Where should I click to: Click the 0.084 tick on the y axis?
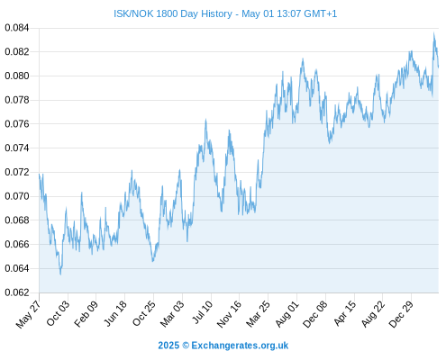click(x=17, y=28)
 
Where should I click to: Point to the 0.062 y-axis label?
click(x=17, y=292)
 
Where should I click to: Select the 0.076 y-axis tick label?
click(x=17, y=124)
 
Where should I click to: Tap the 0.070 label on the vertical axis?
click(x=17, y=196)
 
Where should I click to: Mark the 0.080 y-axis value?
click(x=17, y=76)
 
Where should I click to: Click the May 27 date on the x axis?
click(x=28, y=314)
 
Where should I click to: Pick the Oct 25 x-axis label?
click(x=144, y=313)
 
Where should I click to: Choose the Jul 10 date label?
click(x=203, y=312)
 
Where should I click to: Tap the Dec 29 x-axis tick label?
click(x=401, y=314)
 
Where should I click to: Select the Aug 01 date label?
click(x=287, y=314)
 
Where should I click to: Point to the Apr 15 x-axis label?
click(x=345, y=313)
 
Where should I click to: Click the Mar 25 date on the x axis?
click(x=258, y=314)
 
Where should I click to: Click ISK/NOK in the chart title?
click(x=133, y=13)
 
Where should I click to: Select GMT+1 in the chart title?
click(x=320, y=13)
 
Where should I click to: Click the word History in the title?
click(x=216, y=14)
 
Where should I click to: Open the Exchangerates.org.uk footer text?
click(x=240, y=346)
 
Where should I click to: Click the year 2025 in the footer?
click(x=168, y=346)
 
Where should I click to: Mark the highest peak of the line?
click(x=433, y=33)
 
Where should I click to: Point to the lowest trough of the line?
click(x=60, y=274)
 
